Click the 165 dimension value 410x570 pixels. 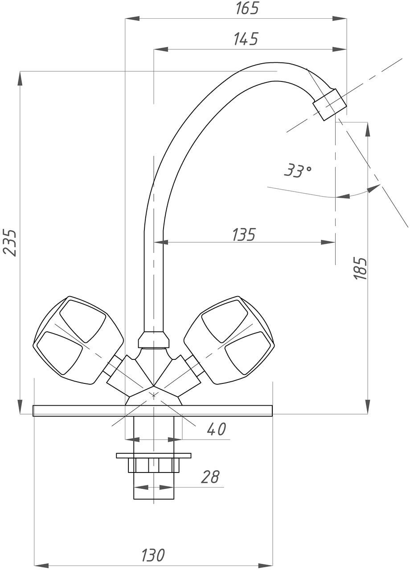[x=247, y=8]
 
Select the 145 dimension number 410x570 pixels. [x=246, y=39]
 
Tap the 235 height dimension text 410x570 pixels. [x=10, y=243]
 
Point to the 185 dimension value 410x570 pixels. [x=361, y=269]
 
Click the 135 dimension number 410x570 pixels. [x=244, y=234]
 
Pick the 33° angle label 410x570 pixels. [x=297, y=171]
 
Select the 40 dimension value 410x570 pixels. [x=216, y=429]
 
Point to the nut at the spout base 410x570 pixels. [x=154, y=339]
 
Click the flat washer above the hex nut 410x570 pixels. [x=154, y=456]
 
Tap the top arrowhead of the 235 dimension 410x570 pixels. [x=20, y=79]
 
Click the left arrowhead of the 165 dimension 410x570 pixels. [x=132, y=18]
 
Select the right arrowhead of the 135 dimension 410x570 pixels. [x=328, y=242]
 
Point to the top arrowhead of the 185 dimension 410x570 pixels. [x=368, y=130]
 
